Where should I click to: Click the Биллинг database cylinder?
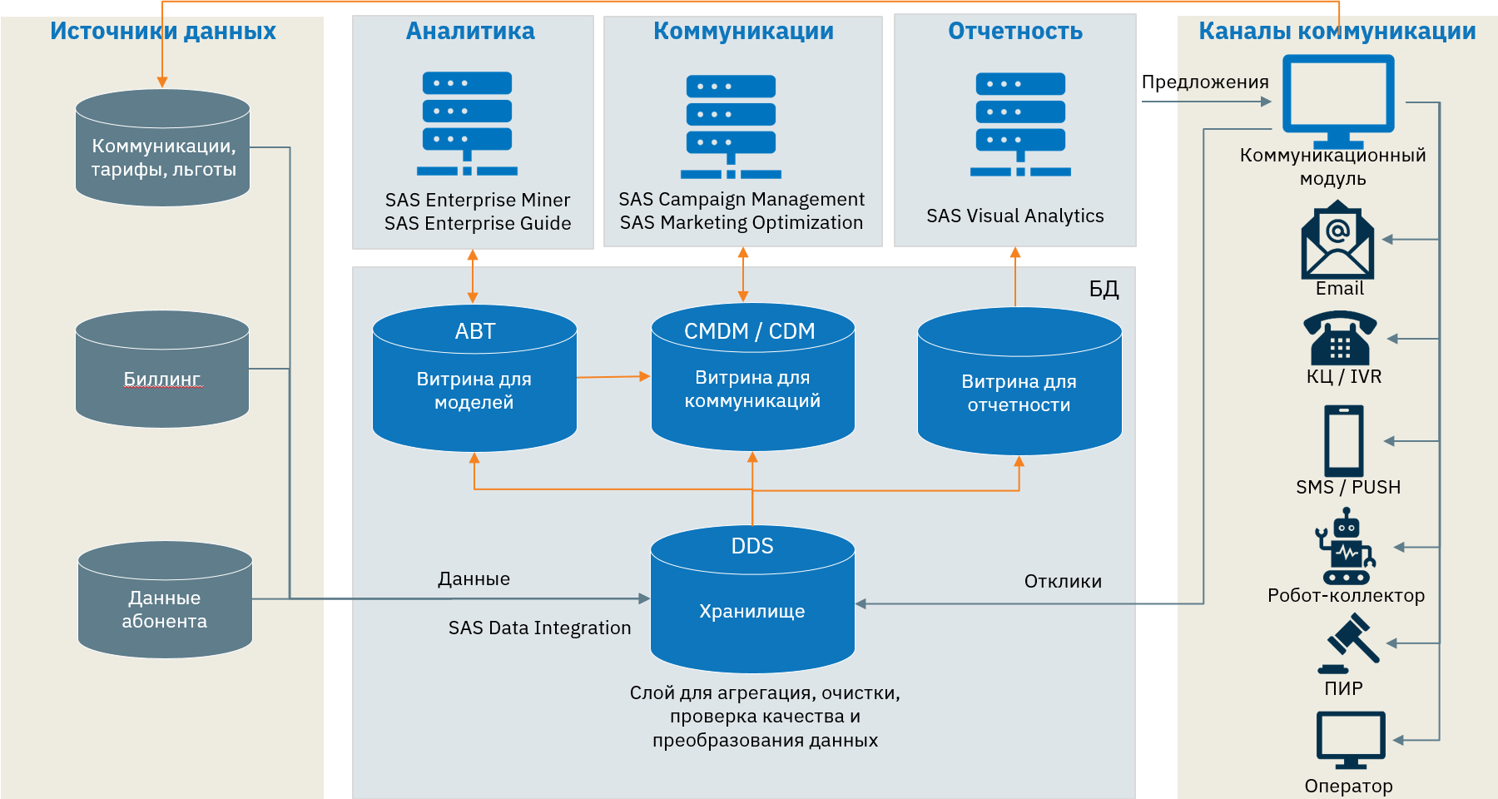[162, 370]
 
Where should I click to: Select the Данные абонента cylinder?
[165, 601]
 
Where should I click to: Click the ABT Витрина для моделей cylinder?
[474, 379]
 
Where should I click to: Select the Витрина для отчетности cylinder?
[1019, 383]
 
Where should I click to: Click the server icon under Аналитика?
[467, 123]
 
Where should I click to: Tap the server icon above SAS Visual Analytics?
[1020, 124]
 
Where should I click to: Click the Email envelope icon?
[1337, 242]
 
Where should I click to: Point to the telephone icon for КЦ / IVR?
[1340, 338]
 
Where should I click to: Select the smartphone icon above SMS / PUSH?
[1343, 440]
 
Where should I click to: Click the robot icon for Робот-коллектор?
[1345, 547]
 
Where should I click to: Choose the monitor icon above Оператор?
[1350, 739]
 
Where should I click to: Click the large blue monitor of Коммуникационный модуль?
[1337, 95]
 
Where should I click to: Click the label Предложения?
[1204, 82]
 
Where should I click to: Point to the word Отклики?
[1063, 582]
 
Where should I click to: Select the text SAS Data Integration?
[539, 628]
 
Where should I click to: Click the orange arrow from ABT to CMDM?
[613, 377]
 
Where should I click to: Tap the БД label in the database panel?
[1104, 289]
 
